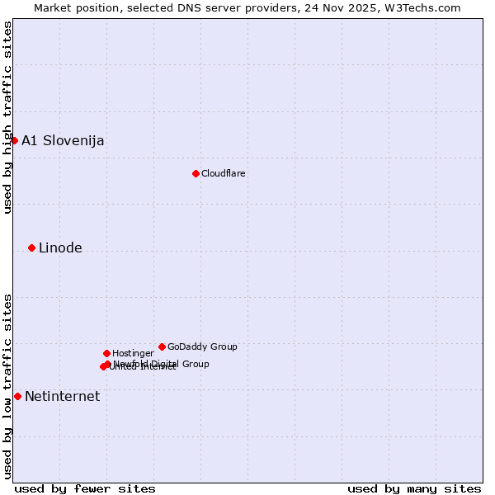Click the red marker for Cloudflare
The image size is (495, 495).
[x=196, y=173]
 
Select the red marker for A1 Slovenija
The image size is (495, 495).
[x=14, y=140]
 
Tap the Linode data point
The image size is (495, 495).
[x=31, y=247]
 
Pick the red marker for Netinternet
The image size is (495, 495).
[x=17, y=396]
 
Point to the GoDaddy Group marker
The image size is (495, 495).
[x=162, y=346]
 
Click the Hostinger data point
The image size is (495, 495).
[x=106, y=353]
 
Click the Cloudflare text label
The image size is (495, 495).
[x=224, y=173]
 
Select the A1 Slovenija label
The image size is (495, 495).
[x=63, y=140]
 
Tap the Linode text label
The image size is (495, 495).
[x=60, y=247]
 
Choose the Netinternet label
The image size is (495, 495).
[x=62, y=396]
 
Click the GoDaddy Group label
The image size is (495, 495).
[x=202, y=346]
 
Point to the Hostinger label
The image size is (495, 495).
[x=133, y=353]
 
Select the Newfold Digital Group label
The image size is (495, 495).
[x=162, y=363]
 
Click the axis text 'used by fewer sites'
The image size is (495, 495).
[x=85, y=488]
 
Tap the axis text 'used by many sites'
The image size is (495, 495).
[x=414, y=488]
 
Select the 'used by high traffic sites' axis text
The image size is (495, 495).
[x=7, y=117]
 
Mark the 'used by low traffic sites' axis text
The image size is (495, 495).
[x=7, y=386]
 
